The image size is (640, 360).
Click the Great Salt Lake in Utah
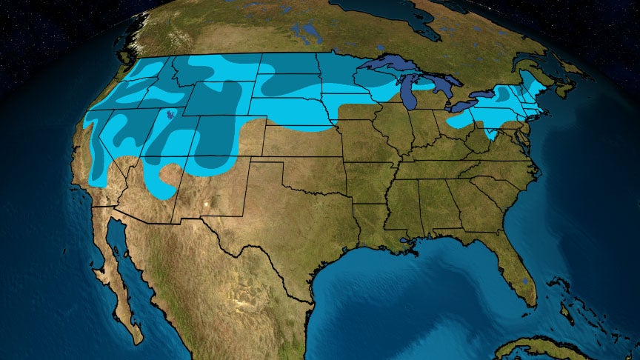click(x=171, y=116)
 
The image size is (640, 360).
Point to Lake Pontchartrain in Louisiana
click(x=404, y=241)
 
